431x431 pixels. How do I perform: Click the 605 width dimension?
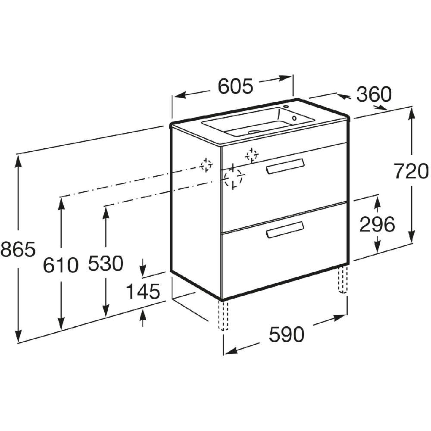click(235, 86)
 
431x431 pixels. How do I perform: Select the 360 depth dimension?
click(374, 94)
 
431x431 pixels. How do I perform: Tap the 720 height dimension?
click(411, 171)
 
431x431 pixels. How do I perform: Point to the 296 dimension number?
click(377, 224)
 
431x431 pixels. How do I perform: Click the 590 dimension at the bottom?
click(287, 334)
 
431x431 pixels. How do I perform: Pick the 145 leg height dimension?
click(143, 291)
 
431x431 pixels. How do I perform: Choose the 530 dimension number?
click(106, 263)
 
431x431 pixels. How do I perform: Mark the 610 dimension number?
click(61, 265)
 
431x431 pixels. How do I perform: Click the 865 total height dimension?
click(18, 250)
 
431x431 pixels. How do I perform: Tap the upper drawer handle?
click(285, 166)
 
